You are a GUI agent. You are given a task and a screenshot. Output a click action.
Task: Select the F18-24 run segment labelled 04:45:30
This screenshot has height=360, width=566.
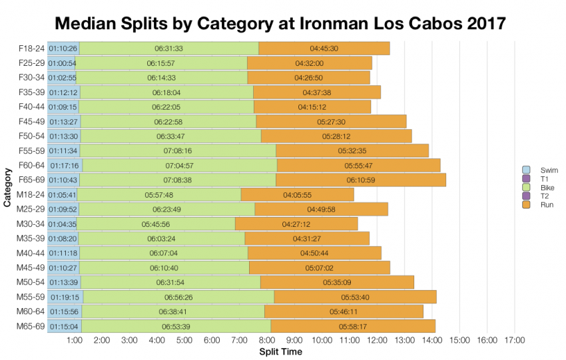[324, 49]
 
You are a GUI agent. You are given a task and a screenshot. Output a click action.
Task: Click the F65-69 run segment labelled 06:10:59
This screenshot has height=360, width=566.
[360, 180]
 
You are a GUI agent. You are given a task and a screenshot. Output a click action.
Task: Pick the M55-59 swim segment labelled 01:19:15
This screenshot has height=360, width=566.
[63, 297]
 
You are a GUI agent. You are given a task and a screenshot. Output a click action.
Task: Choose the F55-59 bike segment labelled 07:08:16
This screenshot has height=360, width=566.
[177, 150]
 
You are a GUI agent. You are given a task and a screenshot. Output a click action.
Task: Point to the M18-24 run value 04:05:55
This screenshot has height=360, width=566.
[297, 194]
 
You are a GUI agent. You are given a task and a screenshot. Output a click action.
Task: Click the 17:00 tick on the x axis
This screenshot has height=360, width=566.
[515, 340]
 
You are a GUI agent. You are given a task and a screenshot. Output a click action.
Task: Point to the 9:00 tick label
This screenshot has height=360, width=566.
[294, 340]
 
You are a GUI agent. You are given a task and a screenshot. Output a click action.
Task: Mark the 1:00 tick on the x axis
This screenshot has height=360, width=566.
[74, 340]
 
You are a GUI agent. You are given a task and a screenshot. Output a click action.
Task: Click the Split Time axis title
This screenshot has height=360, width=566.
[280, 351]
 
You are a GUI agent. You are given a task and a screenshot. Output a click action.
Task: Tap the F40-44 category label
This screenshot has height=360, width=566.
[31, 107]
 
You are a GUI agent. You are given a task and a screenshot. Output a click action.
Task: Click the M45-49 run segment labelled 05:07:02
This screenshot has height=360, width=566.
[319, 268]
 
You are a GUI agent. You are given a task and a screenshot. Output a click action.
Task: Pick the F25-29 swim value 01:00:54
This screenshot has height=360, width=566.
[62, 63]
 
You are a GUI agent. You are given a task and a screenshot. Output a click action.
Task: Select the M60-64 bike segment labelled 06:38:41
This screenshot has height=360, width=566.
[172, 311]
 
